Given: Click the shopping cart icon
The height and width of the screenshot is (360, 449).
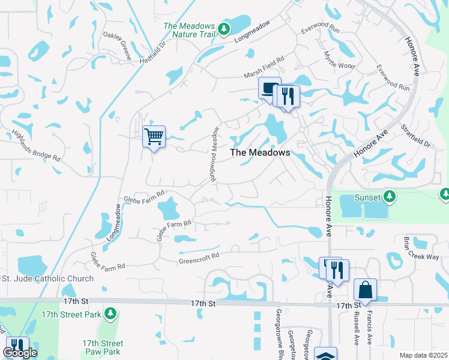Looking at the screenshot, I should (154, 137).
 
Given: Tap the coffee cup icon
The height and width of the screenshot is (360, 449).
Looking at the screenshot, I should (270, 88).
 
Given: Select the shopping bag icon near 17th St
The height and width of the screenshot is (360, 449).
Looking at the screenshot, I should (365, 290).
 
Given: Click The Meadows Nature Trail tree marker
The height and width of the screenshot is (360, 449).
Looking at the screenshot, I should (224, 28).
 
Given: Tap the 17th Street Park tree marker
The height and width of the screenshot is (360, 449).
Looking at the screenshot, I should (110, 314).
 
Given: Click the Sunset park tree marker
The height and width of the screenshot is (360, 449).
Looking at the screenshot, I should (390, 197).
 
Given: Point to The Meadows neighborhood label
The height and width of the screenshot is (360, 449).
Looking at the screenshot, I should (261, 152).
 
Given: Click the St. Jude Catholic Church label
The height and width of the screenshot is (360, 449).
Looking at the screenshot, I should (48, 278).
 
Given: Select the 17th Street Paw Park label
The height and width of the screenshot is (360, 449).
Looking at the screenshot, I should (101, 347).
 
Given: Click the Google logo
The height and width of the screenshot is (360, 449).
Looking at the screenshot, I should (20, 353).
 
